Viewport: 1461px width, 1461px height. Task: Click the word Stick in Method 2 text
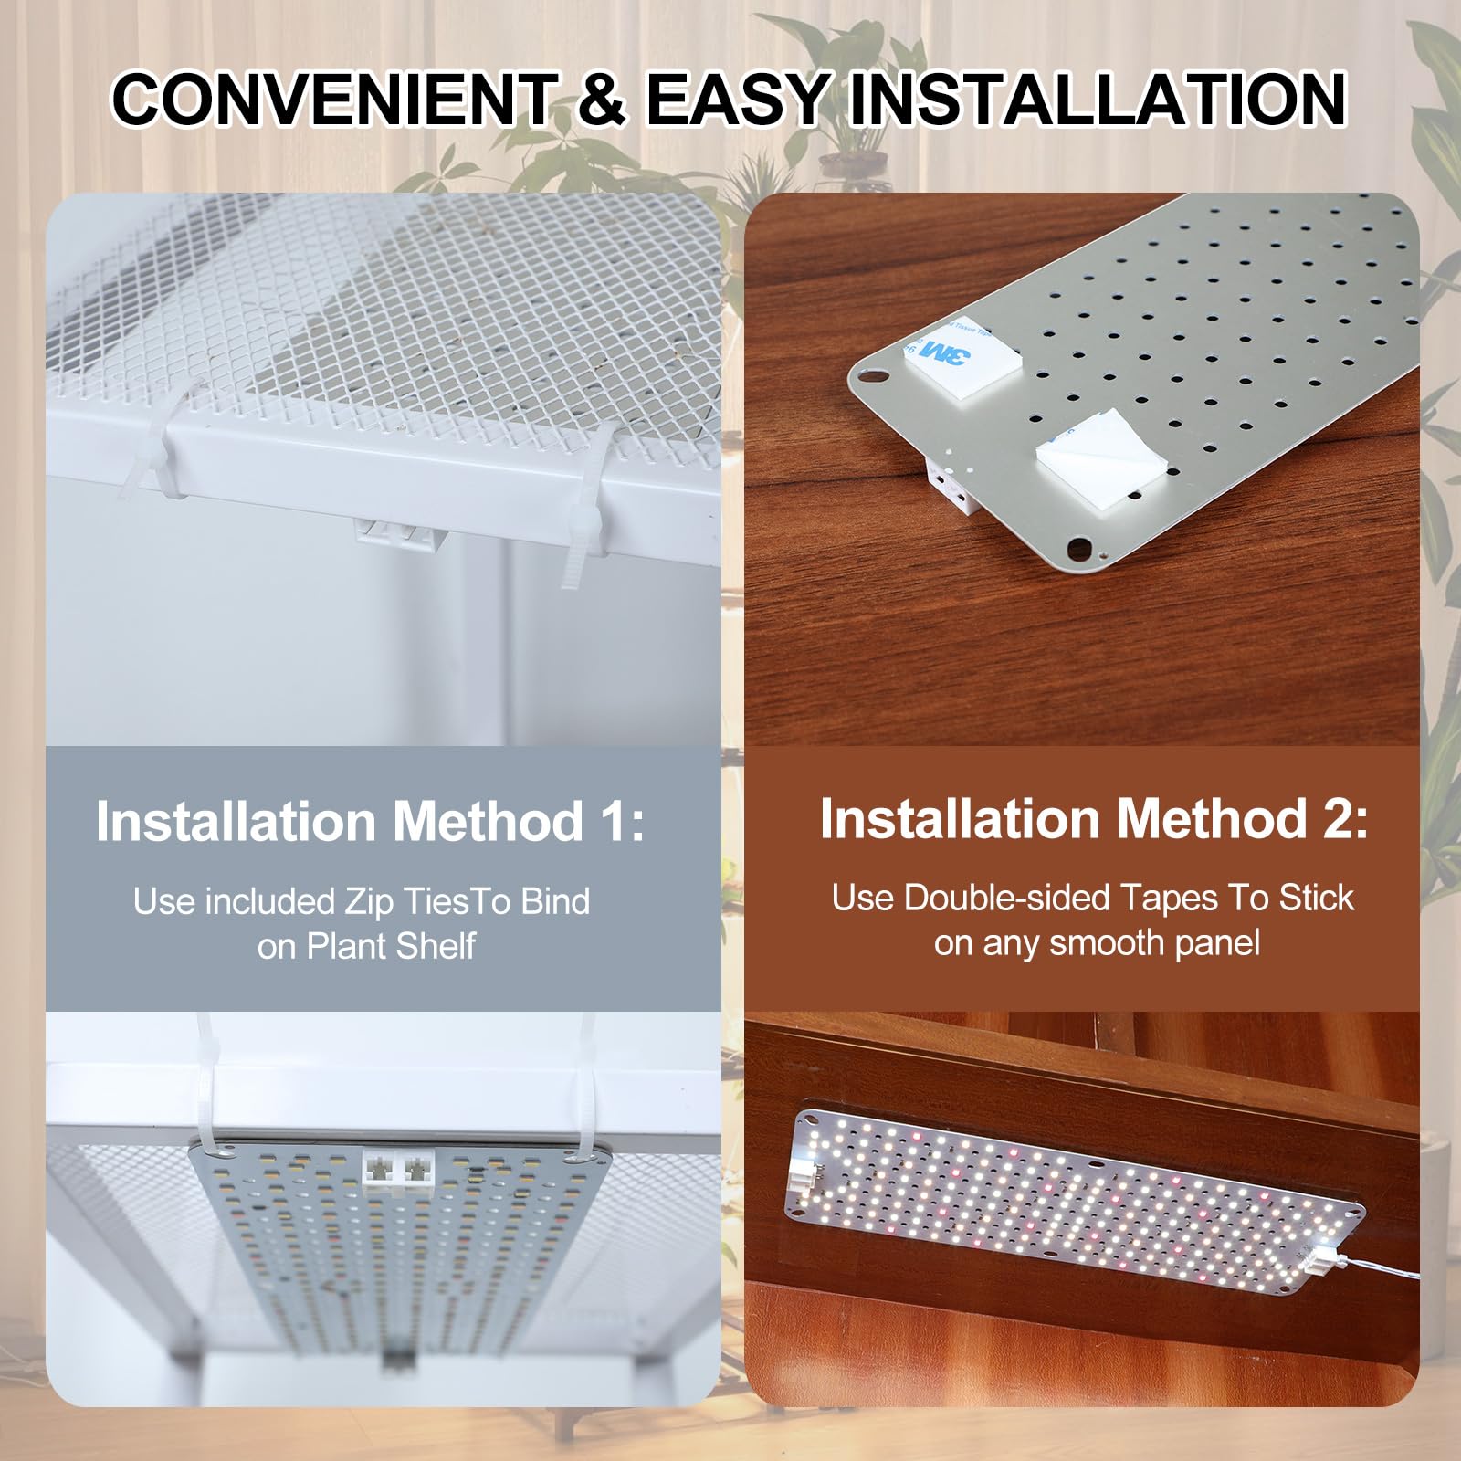pyautogui.click(x=1316, y=899)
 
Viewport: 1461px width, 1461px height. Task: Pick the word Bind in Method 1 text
pyautogui.click(x=555, y=901)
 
